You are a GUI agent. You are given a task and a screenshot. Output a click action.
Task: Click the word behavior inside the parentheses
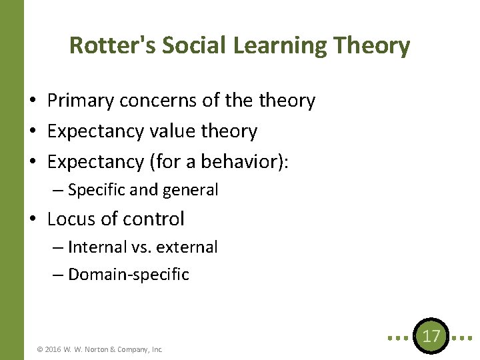246,163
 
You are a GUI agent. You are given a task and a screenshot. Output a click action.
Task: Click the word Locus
69,219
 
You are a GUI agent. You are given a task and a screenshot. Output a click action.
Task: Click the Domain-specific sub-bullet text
128,275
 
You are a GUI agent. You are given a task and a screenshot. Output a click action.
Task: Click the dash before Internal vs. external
58,247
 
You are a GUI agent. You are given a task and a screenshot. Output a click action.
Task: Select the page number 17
431,336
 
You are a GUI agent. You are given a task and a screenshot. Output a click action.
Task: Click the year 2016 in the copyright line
55,349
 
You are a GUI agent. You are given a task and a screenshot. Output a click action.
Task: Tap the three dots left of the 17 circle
399,337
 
